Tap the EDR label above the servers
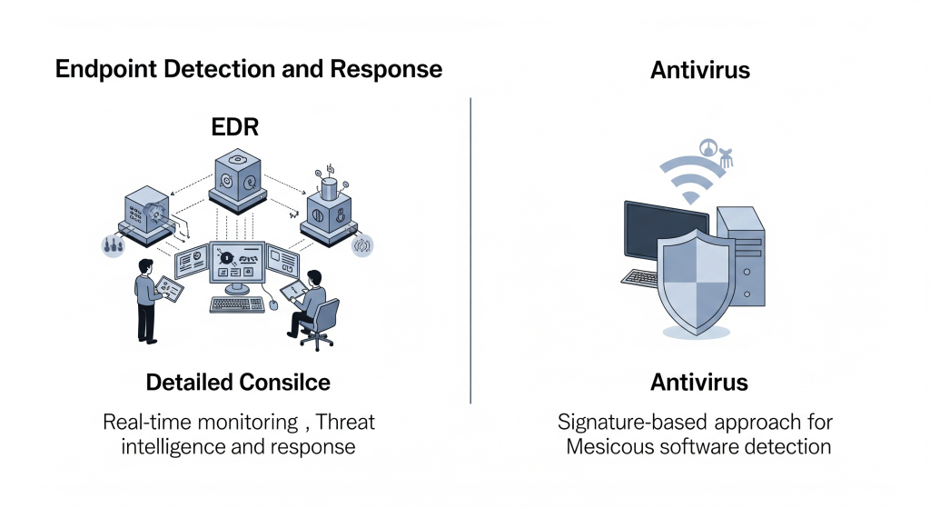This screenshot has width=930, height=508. pyautogui.click(x=234, y=125)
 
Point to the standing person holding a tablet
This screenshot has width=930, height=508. pyautogui.click(x=147, y=295)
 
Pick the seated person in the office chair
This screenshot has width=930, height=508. pyautogui.click(x=314, y=304)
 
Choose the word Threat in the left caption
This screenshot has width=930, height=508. pyautogui.click(x=345, y=423)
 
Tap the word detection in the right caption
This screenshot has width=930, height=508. pyautogui.click(x=786, y=447)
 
